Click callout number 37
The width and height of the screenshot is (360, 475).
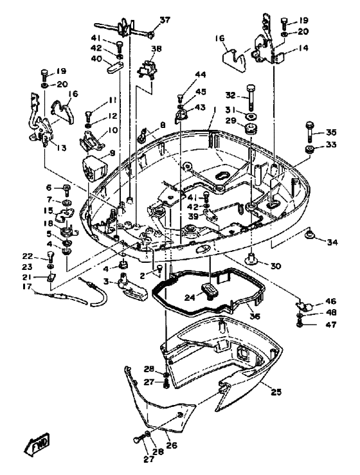point(165,21)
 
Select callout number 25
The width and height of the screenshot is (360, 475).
point(276,392)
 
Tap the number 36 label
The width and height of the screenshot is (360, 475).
point(255,316)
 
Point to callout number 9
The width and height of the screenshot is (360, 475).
point(113,153)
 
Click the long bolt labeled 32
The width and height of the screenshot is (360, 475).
point(251,97)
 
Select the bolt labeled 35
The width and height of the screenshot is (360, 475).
point(310,132)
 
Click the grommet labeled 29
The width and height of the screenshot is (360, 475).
point(251,128)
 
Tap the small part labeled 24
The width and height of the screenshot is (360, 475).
point(209,290)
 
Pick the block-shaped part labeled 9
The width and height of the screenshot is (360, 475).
point(94,168)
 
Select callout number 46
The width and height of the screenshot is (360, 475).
point(323,301)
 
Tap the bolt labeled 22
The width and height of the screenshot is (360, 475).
point(50,256)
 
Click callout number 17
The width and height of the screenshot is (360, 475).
point(27,286)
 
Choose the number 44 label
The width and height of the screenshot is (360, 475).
point(201,75)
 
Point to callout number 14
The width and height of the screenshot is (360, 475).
point(303,48)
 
